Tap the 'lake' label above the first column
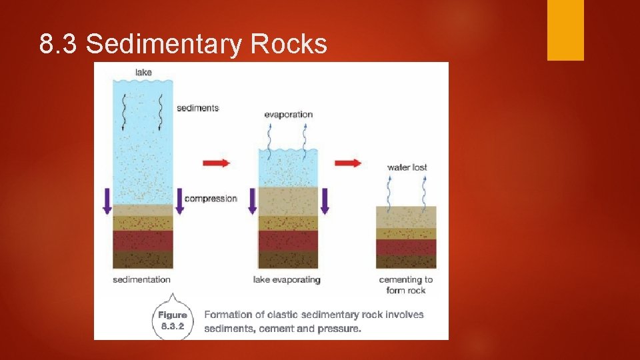[x=143, y=72]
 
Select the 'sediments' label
[x=197, y=108]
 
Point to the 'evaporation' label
[x=289, y=115]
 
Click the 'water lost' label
[x=407, y=167]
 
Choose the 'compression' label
[x=211, y=199]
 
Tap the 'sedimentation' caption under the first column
[x=142, y=279]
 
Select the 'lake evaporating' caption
[x=287, y=279]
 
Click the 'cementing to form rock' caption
[x=405, y=285]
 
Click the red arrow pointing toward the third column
[x=347, y=163]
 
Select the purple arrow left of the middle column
[x=252, y=201]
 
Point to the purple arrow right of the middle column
[x=325, y=201]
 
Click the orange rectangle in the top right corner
[x=565, y=30]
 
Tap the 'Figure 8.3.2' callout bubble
[x=173, y=321]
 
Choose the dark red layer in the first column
[x=143, y=241]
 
